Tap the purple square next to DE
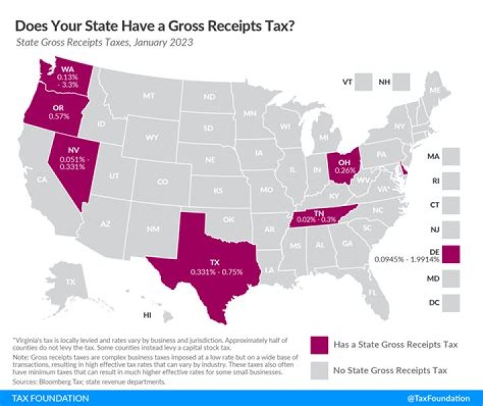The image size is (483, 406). [x=451, y=253]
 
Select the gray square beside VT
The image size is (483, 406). [x=364, y=81]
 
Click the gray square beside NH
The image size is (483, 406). [x=402, y=81]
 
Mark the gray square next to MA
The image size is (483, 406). [x=451, y=156]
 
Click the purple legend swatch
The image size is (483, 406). [x=319, y=345]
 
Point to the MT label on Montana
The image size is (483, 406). [x=148, y=96]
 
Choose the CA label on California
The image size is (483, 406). [x=41, y=180]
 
